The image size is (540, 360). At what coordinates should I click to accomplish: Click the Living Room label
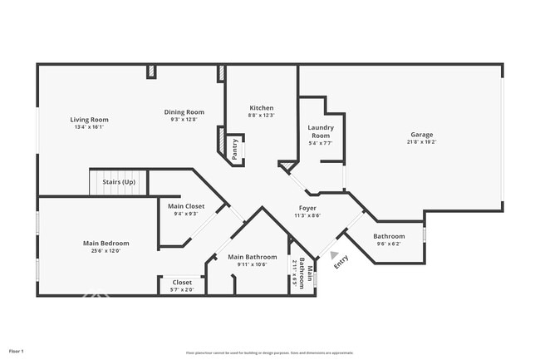(x=89, y=120)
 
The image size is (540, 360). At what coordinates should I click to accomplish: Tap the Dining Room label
(x=184, y=112)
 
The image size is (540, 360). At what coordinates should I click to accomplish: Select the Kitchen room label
(x=262, y=108)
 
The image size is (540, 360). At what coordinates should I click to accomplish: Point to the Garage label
(x=421, y=135)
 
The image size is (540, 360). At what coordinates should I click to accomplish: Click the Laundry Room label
(x=320, y=131)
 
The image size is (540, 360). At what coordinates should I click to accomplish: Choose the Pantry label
(x=235, y=149)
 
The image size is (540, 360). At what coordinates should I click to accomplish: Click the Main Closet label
(x=186, y=206)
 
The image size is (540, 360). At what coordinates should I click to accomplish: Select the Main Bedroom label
(x=106, y=243)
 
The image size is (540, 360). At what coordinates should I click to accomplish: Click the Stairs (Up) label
(x=119, y=181)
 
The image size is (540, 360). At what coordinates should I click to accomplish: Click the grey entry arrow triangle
(x=334, y=255)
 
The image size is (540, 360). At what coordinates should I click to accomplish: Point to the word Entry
(x=341, y=262)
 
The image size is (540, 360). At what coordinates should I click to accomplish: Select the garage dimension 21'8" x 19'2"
(x=421, y=142)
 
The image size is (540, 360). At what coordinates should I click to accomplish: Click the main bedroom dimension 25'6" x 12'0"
(x=106, y=250)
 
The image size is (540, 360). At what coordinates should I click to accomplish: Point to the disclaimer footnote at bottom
(x=269, y=353)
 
